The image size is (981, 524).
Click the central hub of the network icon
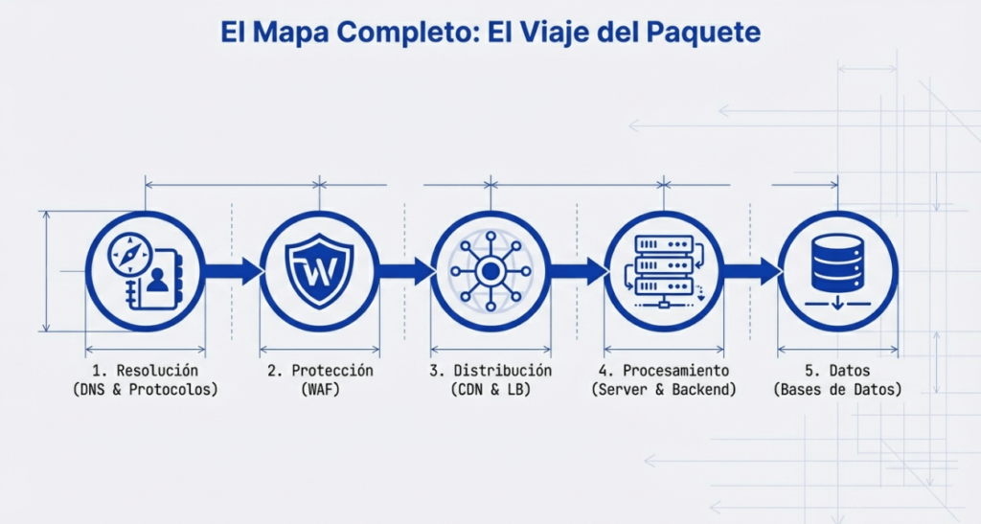pyautogui.click(x=490, y=271)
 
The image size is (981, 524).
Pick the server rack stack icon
pyautogui.click(x=663, y=265)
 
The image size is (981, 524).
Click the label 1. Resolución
pyautogui.click(x=146, y=370)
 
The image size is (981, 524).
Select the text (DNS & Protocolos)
pyautogui.click(x=146, y=389)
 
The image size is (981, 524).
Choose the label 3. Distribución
pyautogui.click(x=490, y=370)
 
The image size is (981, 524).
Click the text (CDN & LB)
pyautogui.click(x=490, y=389)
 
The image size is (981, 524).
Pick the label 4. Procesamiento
pyautogui.click(x=664, y=370)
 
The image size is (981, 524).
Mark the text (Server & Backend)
pyautogui.click(x=664, y=389)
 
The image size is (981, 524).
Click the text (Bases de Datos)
pyautogui.click(x=837, y=389)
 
